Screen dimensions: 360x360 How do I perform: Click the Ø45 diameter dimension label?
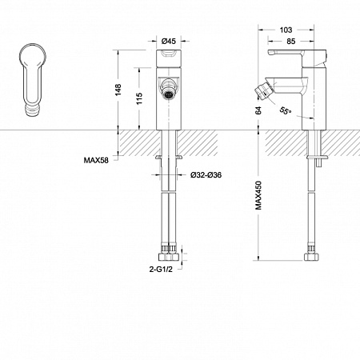point(169,41)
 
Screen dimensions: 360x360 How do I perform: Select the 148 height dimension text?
point(118,90)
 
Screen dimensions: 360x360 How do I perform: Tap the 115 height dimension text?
point(139,98)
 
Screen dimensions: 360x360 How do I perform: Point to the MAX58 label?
point(96,160)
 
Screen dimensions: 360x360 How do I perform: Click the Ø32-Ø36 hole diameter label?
point(206,175)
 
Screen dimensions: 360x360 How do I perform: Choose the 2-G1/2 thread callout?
point(161,270)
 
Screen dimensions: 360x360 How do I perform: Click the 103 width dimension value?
point(286,30)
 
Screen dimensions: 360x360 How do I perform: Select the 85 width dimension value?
point(291,42)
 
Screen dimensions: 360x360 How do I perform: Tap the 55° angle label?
point(286,110)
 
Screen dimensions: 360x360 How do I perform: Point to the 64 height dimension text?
point(258,110)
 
